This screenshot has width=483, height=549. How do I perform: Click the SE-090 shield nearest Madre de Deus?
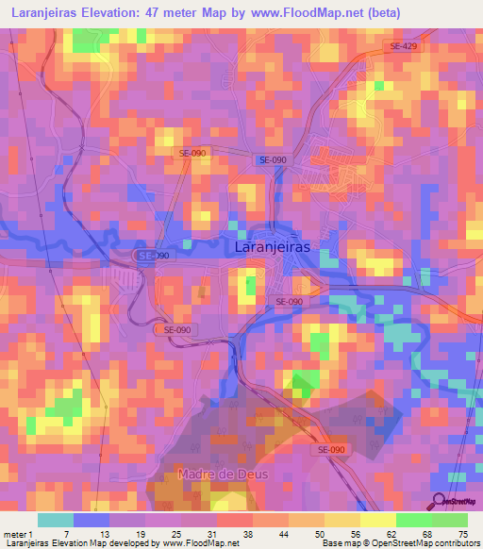click(330, 450)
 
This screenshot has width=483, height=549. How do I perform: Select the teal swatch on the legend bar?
click(56, 521)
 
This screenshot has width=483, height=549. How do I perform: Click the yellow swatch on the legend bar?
click(378, 521)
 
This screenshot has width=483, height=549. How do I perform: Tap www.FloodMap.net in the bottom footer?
click(200, 543)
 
